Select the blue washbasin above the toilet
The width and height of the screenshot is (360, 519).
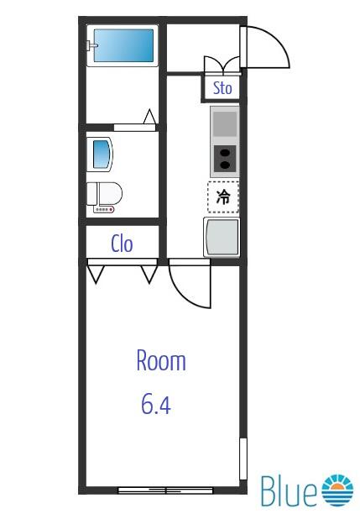point(101,155)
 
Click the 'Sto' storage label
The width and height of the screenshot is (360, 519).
point(222,87)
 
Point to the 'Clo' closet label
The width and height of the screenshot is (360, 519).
point(123,244)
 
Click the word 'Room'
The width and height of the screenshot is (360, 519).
point(161,361)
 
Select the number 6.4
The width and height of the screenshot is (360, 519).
point(155,406)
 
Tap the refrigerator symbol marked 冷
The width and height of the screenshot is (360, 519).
point(223,197)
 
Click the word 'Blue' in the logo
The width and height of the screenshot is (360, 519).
point(289,491)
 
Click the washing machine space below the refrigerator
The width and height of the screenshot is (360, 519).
point(222,237)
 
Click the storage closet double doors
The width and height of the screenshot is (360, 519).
point(222,66)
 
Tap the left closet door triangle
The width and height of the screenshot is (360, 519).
point(96,272)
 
